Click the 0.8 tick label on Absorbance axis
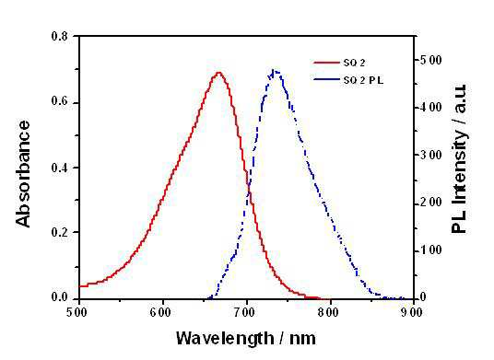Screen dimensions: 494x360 coord(60,36)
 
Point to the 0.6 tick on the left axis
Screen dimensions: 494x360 coord(60,103)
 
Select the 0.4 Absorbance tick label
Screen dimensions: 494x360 coord(60,168)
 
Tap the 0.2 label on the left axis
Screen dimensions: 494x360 coord(60,232)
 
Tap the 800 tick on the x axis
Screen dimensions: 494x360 coord(330,312)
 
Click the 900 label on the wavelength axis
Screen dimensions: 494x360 coord(413,312)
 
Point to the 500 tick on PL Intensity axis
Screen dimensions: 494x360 coord(431,60)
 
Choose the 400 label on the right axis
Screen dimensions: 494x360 coord(431,108)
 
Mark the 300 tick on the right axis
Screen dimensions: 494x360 coord(431,155)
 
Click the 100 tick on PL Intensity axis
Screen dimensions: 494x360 coord(431,250)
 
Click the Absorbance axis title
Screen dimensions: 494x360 coord(23,174)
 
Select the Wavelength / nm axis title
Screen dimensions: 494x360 coord(246,339)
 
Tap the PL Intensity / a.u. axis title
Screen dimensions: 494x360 coord(459,159)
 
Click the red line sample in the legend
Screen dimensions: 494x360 coord(326,63)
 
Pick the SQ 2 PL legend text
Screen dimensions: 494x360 coord(363,80)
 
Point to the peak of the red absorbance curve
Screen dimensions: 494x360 coord(219,73)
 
